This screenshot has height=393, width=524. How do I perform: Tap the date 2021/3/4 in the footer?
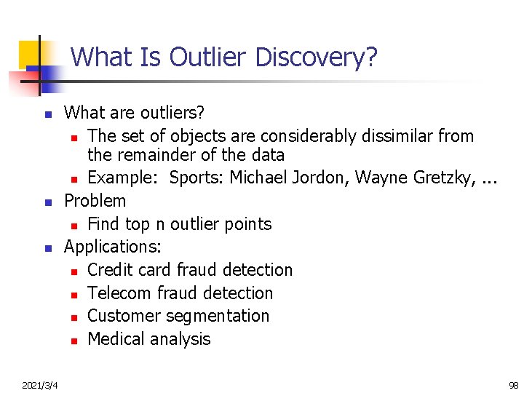point(41,384)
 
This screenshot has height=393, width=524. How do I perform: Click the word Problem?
point(95,201)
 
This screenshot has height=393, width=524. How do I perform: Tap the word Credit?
point(109,270)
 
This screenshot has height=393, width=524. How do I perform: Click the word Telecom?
point(118,293)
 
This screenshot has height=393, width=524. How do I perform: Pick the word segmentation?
point(218,316)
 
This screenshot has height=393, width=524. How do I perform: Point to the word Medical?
point(116,339)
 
